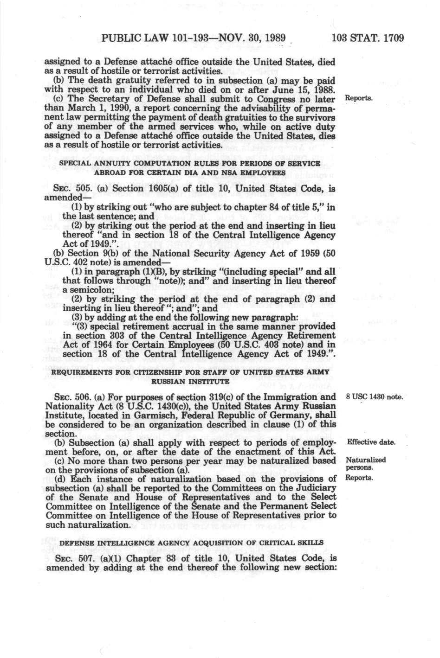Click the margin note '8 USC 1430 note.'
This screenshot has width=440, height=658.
pyautogui.click(x=374, y=397)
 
